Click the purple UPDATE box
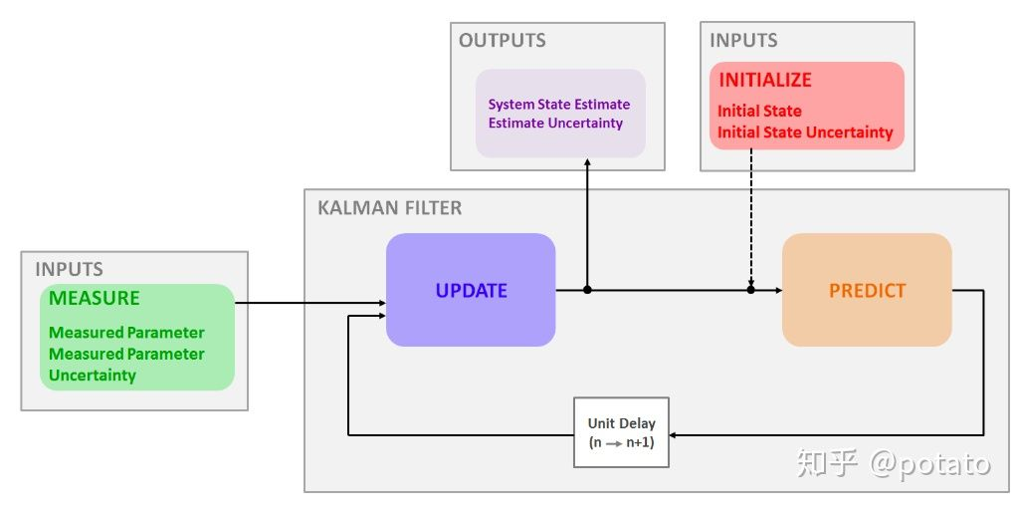click(471, 290)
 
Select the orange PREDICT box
click(867, 290)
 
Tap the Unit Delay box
click(621, 432)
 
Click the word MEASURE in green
click(95, 298)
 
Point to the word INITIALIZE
click(765, 80)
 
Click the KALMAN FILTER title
click(390, 208)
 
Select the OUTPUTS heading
click(502, 40)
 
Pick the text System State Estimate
click(559, 105)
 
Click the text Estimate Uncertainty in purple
click(556, 124)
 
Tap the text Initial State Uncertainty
click(805, 132)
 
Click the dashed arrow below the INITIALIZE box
click(751, 218)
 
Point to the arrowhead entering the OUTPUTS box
click(587, 162)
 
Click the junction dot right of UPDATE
click(587, 290)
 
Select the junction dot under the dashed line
click(751, 290)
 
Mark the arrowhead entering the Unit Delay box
click(674, 435)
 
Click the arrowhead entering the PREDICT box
click(778, 290)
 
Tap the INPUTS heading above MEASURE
click(69, 270)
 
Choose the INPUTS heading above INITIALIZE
click(743, 40)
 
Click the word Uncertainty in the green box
click(93, 376)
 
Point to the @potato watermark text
click(929, 463)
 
